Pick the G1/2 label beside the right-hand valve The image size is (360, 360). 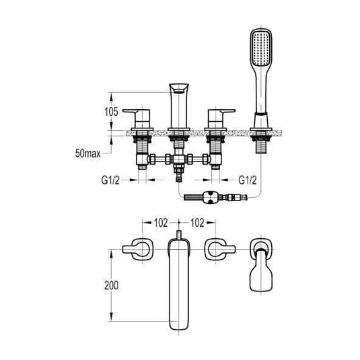pyautogui.click(x=252, y=180)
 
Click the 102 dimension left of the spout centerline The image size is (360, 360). pyautogui.click(x=160, y=223)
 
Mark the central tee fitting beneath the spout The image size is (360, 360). pyautogui.click(x=180, y=162)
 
